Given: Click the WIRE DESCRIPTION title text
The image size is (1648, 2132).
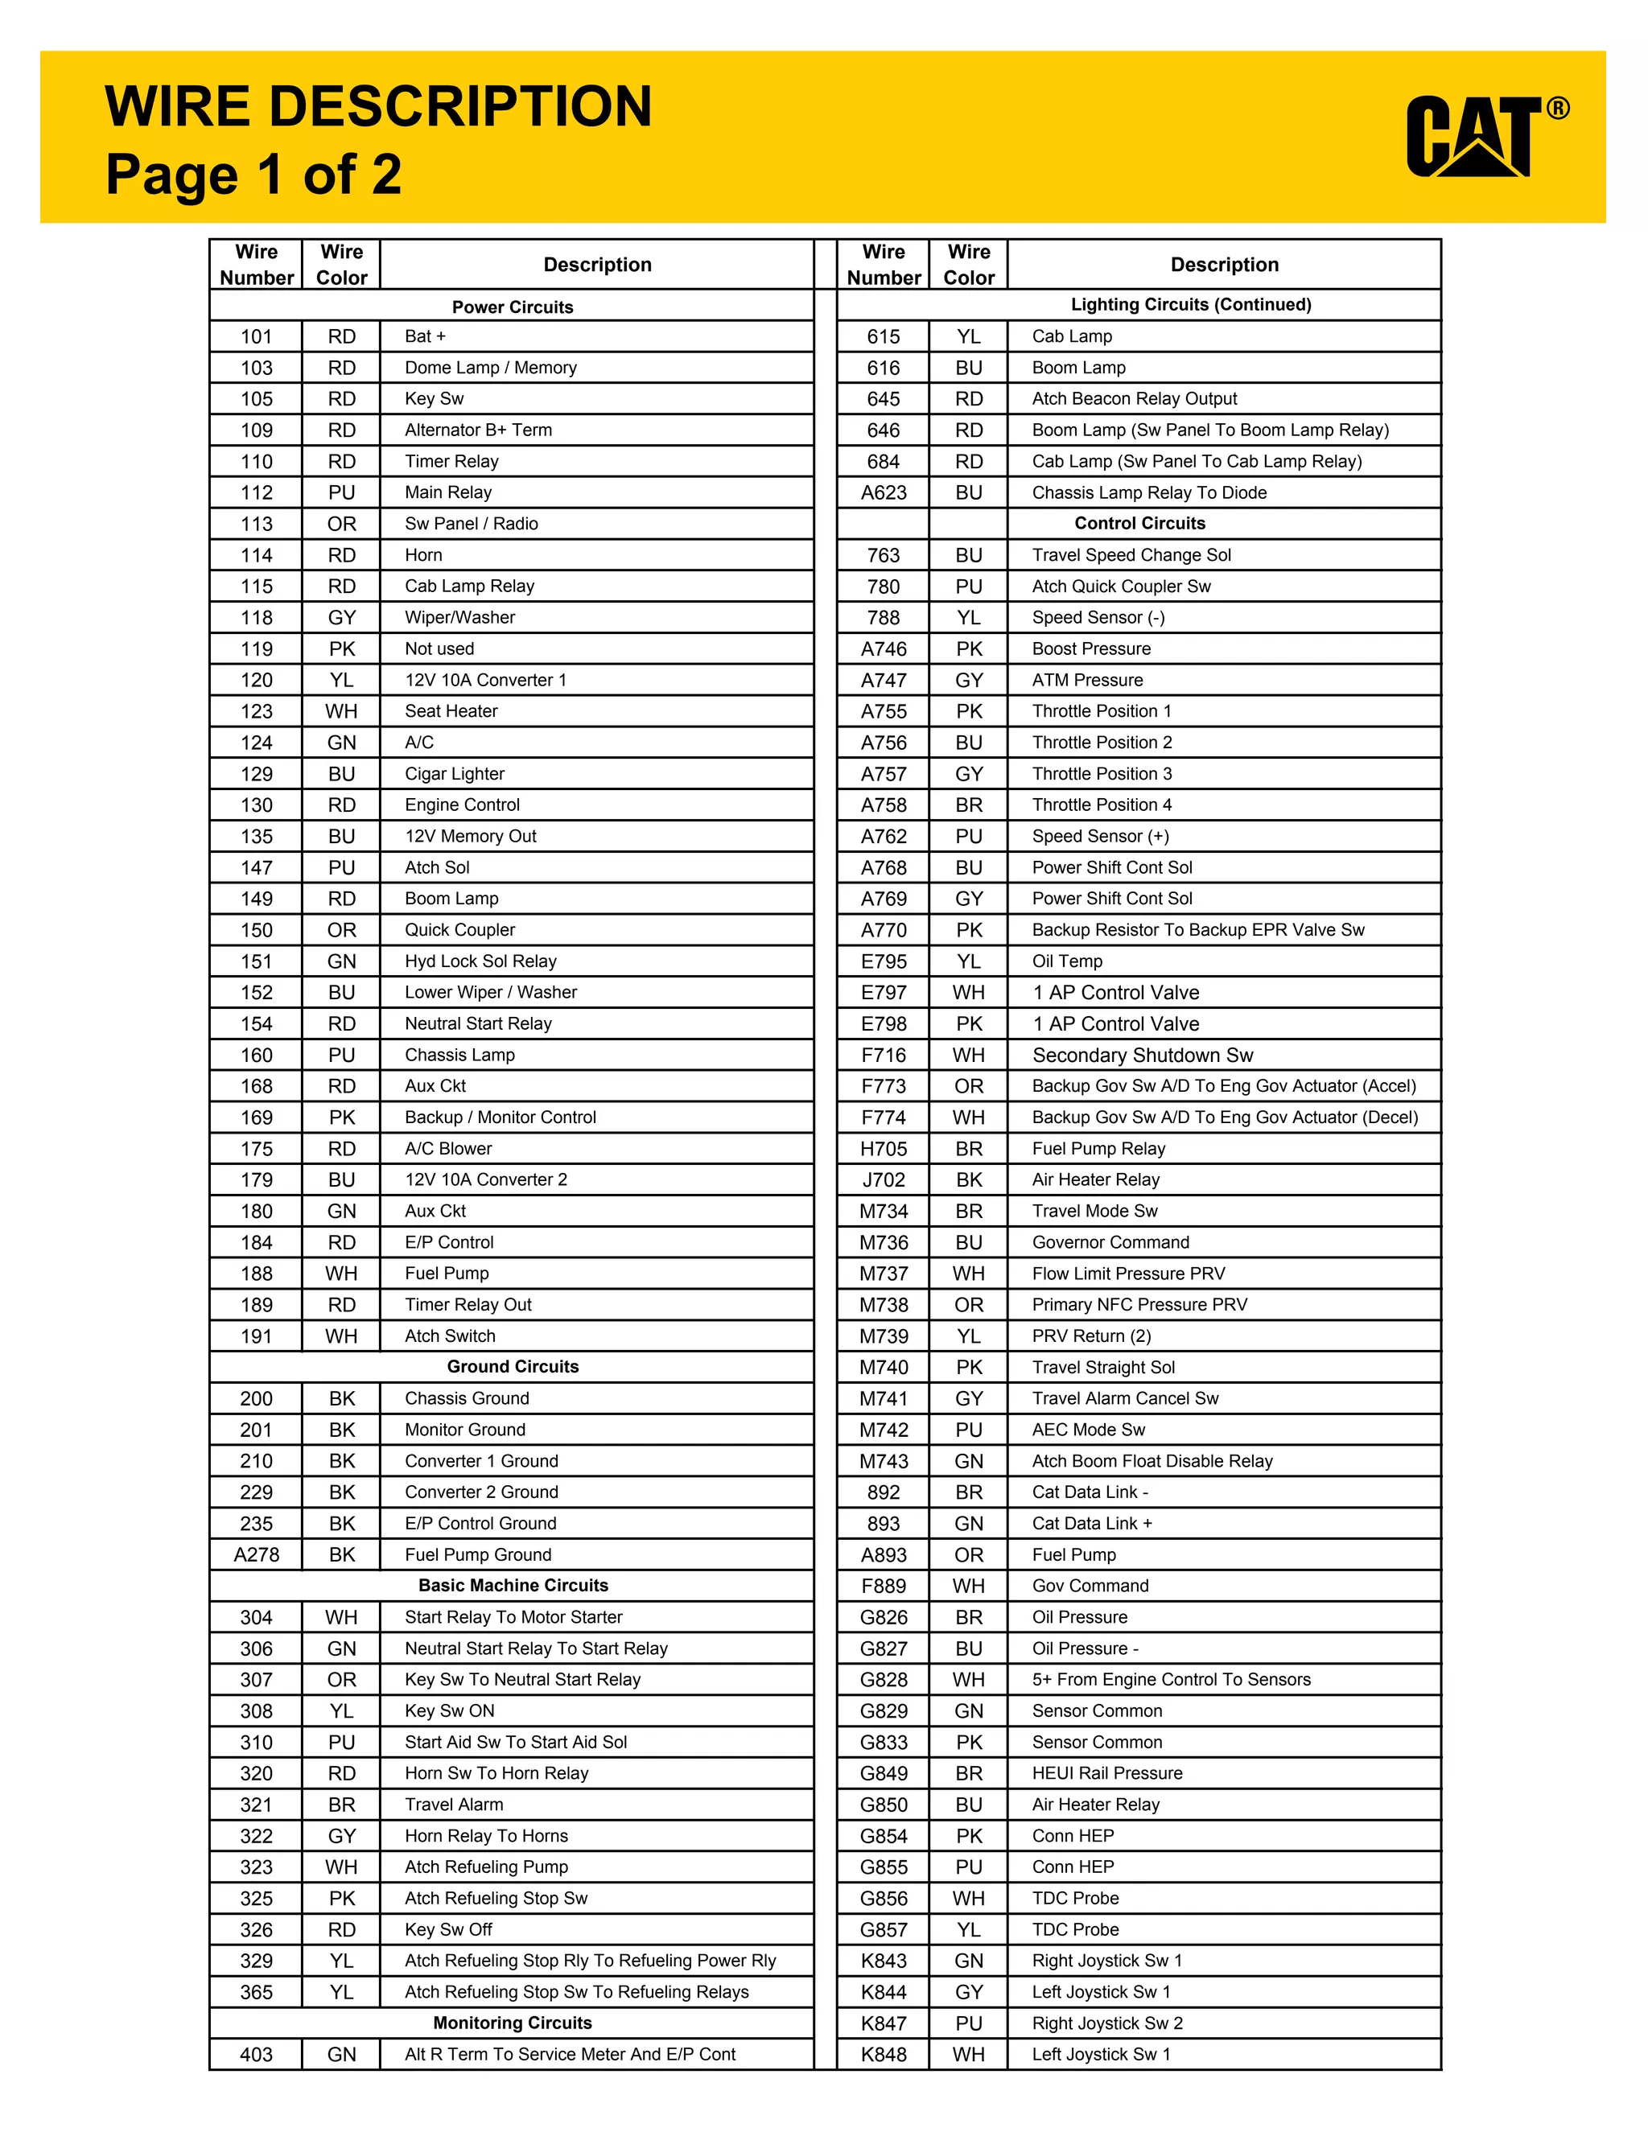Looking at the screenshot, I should pyautogui.click(x=378, y=106).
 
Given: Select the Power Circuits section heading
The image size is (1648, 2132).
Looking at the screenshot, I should pyautogui.click(x=512, y=307).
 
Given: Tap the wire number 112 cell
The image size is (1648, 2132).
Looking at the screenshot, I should pyautogui.click(x=256, y=492).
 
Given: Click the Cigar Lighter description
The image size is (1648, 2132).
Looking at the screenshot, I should pyautogui.click(x=454, y=773).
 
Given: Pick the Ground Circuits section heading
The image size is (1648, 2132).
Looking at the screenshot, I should pyautogui.click(x=512, y=1366).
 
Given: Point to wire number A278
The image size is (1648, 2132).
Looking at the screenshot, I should pyautogui.click(x=256, y=1554).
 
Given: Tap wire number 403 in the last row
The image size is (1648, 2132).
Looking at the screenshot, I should pyautogui.click(x=256, y=2054).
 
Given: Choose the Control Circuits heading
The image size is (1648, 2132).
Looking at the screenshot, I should pyautogui.click(x=1139, y=522).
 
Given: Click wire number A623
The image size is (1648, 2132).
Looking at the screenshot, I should pyautogui.click(x=884, y=492).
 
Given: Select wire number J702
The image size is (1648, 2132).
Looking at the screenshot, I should pyautogui.click(x=884, y=1179).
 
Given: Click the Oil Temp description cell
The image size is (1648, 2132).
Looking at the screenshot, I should pyautogui.click(x=1067, y=961).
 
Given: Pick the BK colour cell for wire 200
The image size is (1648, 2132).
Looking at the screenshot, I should pyautogui.click(x=342, y=1398).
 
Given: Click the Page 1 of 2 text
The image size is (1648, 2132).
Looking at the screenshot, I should pyautogui.click(x=253, y=175).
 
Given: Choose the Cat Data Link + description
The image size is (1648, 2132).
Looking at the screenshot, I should pyautogui.click(x=1091, y=1523).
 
